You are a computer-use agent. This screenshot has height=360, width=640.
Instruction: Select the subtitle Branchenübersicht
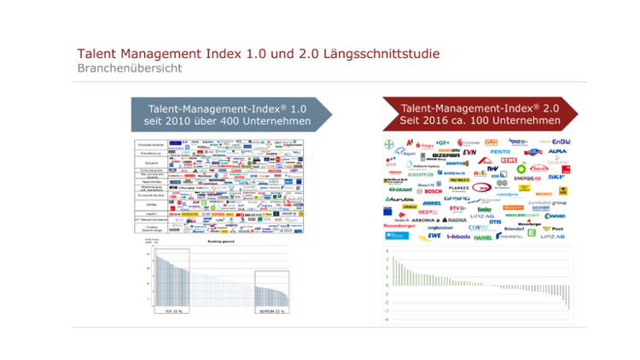[129, 68]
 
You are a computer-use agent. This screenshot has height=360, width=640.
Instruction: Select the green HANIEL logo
[482, 237]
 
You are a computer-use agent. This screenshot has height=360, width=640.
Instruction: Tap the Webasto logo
[457, 237]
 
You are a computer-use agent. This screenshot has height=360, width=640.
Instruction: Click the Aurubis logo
[400, 200]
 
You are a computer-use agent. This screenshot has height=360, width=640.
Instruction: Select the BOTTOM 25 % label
[272, 311]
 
